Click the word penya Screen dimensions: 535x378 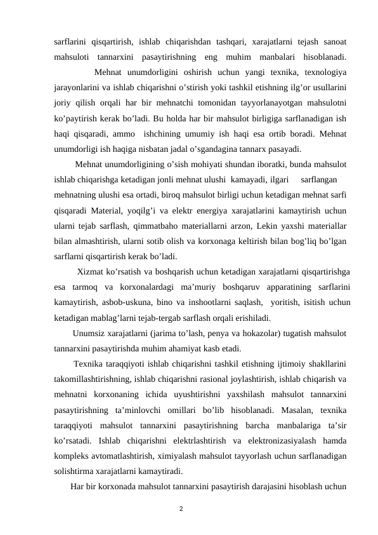(240, 334)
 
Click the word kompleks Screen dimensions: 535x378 (74, 456)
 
